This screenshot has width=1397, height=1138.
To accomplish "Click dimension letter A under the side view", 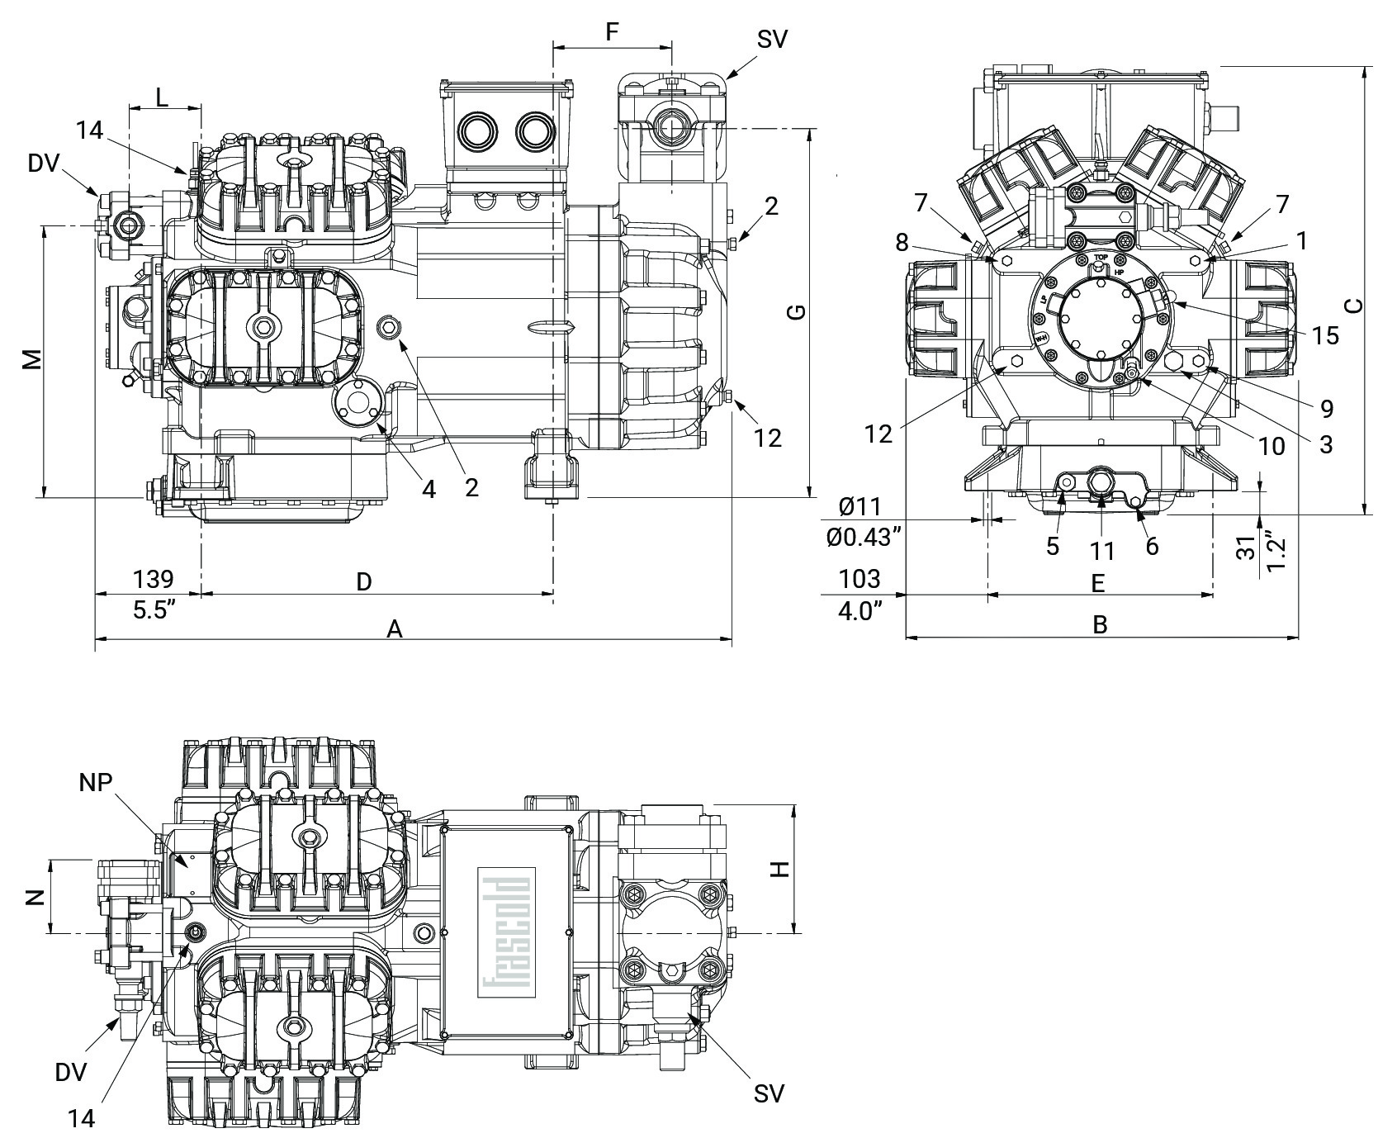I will point(395,631).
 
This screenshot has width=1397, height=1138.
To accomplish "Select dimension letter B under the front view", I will point(1099,625).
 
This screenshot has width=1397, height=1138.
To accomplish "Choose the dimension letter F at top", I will point(612,33).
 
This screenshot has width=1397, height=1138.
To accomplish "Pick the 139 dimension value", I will point(154,578).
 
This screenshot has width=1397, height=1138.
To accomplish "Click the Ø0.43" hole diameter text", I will point(863,538).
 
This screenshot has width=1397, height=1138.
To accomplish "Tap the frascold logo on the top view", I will point(505,927).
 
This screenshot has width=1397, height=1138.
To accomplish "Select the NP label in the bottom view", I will point(96,783).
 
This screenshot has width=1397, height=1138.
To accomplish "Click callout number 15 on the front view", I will point(1325,336).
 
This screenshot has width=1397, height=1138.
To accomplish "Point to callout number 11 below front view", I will point(1102,551).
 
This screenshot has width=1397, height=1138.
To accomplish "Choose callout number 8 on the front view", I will point(902,242).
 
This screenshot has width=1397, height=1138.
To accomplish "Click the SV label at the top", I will point(772,40).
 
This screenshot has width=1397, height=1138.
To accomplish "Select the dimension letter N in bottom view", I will point(34,896).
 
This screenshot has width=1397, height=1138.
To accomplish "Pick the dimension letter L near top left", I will point(162,97).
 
